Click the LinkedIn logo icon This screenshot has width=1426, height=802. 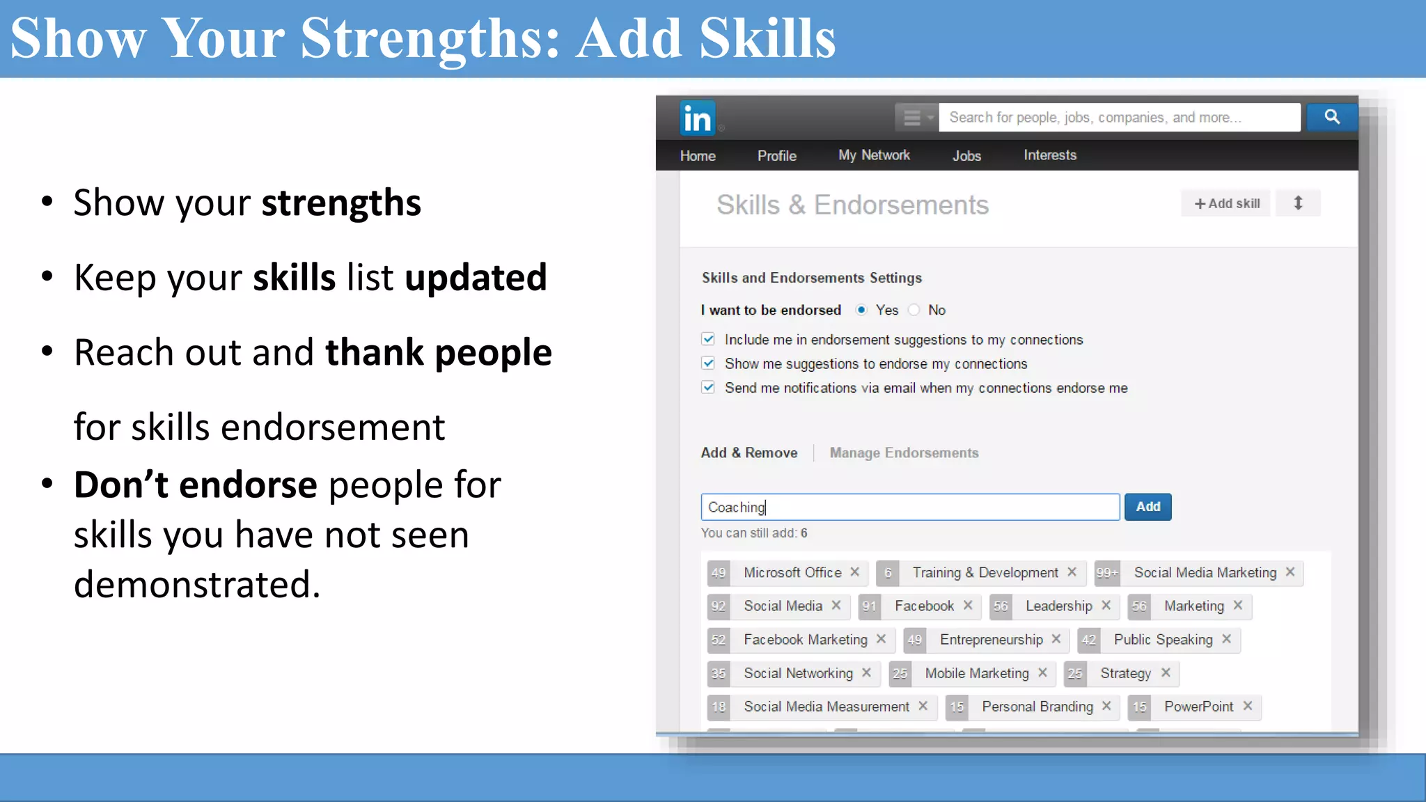[697, 118]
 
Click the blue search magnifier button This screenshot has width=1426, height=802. [1331, 117]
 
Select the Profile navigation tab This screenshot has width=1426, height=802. [776, 156]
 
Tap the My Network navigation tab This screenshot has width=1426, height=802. [874, 155]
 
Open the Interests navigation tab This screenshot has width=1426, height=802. [1049, 155]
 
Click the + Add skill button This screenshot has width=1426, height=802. [1226, 203]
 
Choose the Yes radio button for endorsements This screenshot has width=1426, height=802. [861, 310]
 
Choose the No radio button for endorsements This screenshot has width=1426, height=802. [914, 310]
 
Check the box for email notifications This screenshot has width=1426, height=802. [708, 387]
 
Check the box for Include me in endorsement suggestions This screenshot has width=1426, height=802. [708, 339]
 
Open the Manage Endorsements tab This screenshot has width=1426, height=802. [904, 453]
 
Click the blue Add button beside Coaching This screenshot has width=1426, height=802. [1147, 507]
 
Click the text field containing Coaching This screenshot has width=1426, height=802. [909, 507]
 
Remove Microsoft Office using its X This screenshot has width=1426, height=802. [855, 572]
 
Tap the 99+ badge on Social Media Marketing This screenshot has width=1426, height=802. [1106, 573]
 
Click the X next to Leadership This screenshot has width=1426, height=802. [1106, 605]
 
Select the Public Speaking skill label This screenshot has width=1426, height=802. [1163, 640]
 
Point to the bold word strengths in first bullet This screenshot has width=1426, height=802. [341, 203]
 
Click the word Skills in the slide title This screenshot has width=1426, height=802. [767, 38]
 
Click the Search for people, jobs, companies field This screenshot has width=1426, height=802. [1119, 118]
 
